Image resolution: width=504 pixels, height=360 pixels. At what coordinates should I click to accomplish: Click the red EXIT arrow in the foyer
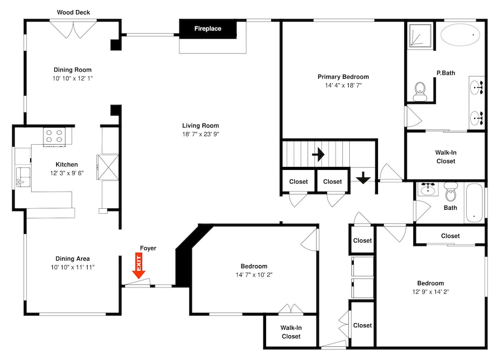click(x=139, y=266)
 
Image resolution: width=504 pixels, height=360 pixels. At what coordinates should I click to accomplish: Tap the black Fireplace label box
click(x=208, y=29)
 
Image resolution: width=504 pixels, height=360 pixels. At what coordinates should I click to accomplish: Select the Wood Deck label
click(x=73, y=13)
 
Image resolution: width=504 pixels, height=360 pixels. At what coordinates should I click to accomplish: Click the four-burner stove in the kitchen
click(x=54, y=136)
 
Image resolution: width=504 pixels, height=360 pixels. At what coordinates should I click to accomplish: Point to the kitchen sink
click(x=23, y=177)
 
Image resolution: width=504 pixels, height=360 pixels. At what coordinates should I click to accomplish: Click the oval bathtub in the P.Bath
click(x=460, y=35)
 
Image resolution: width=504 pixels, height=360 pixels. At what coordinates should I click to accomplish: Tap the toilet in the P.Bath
click(x=419, y=91)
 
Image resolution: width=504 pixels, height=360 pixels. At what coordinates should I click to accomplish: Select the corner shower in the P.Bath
click(x=420, y=36)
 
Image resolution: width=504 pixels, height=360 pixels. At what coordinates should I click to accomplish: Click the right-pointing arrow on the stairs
click(x=318, y=155)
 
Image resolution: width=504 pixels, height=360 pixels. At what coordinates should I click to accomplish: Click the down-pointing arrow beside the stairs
click(x=363, y=178)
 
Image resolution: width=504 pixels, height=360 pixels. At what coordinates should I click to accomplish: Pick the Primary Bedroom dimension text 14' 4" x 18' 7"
click(x=343, y=86)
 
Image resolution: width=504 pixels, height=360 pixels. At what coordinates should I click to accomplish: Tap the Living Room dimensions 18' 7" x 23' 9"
click(x=201, y=134)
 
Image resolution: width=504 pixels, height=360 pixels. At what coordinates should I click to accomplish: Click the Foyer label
click(x=148, y=248)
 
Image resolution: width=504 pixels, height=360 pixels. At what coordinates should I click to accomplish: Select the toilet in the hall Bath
click(x=451, y=191)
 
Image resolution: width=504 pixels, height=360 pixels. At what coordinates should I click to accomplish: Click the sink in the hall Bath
click(x=428, y=189)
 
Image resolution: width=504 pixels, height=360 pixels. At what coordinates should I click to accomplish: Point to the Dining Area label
click(x=73, y=259)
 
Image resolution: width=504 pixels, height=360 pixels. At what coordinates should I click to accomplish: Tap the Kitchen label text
click(x=67, y=164)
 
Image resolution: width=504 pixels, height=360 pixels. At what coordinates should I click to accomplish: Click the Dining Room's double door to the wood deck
click(x=73, y=29)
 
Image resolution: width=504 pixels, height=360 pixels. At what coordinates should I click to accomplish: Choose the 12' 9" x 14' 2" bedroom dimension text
click(x=431, y=292)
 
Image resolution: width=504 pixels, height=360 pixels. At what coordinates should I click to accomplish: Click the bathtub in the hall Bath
click(x=474, y=203)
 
